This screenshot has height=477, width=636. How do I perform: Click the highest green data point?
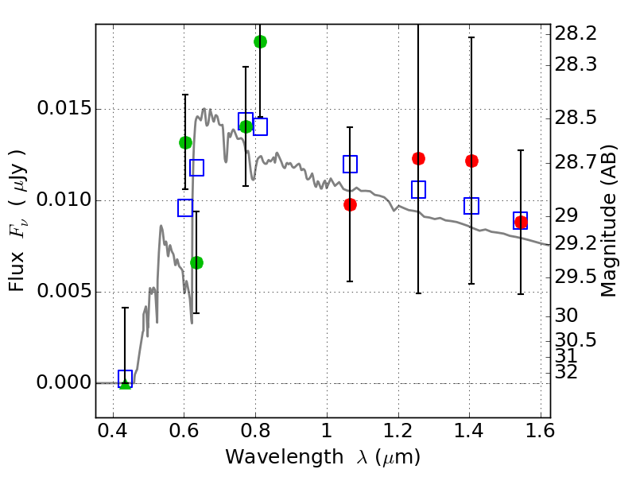point(260,41)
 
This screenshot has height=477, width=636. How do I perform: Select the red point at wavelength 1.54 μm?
point(521,222)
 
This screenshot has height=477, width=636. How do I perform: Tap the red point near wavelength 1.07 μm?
point(350,204)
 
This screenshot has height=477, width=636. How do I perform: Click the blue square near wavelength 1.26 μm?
point(419,189)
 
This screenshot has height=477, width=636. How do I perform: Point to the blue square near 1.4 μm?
point(471,206)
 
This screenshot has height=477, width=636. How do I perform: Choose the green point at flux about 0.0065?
point(196,262)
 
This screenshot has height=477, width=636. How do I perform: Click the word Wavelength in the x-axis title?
point(272,457)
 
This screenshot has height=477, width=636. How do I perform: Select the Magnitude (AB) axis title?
point(609,220)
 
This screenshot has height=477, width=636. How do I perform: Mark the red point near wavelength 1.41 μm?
point(471,161)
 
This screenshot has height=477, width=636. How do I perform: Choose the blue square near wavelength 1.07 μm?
point(350,164)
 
